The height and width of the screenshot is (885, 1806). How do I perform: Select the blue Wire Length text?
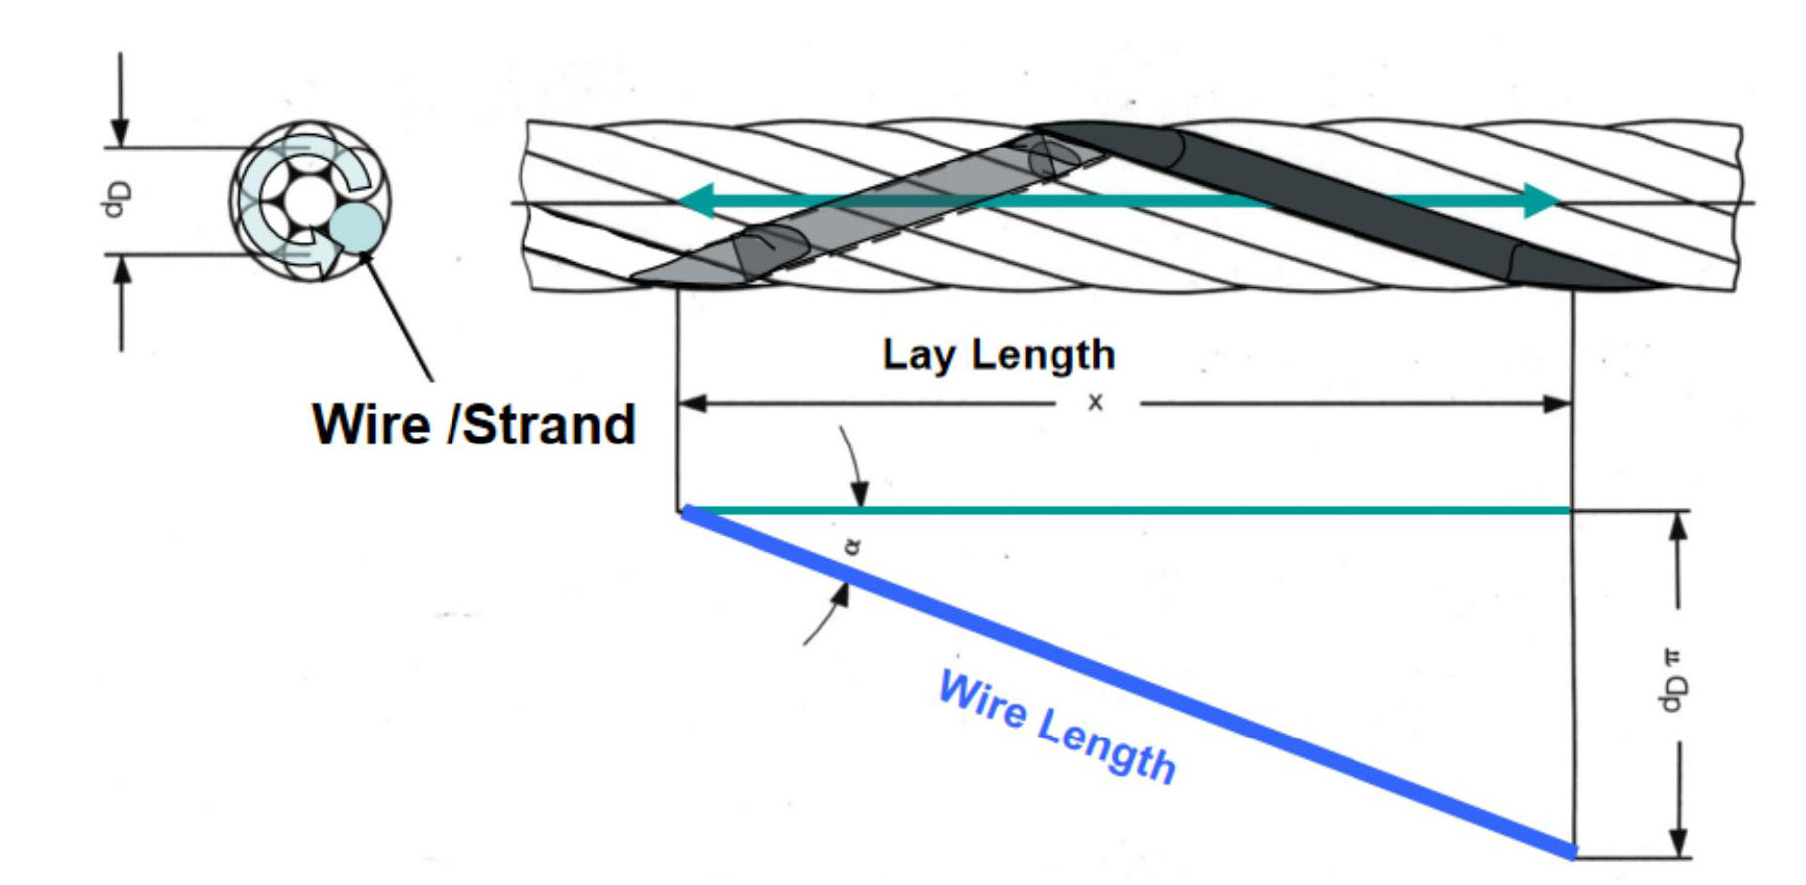click(x=1057, y=728)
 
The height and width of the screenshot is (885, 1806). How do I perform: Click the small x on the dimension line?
click(x=1095, y=403)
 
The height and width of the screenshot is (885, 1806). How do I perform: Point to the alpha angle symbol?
click(x=852, y=546)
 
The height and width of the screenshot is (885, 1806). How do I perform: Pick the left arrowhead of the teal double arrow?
click(x=695, y=200)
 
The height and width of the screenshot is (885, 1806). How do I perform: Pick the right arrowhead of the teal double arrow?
click(x=1542, y=200)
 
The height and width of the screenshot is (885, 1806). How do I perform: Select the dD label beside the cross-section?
click(x=115, y=199)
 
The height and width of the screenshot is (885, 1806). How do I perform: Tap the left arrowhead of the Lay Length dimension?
click(x=691, y=403)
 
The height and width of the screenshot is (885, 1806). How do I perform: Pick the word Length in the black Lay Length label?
click(x=1044, y=356)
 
